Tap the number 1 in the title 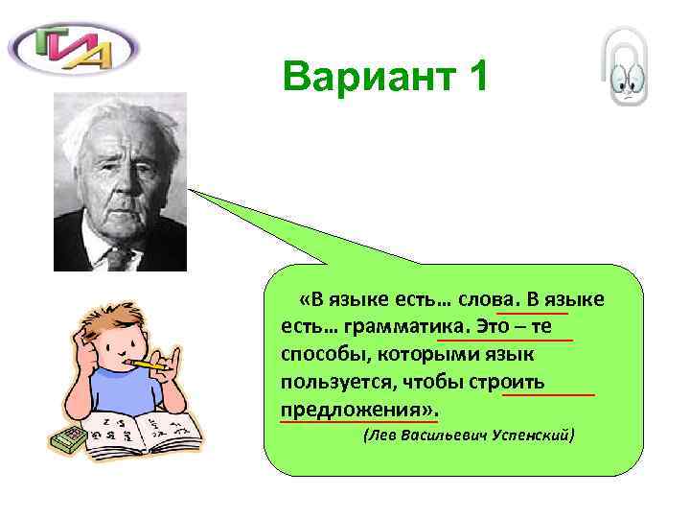472,76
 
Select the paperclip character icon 627,68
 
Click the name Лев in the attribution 378,436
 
